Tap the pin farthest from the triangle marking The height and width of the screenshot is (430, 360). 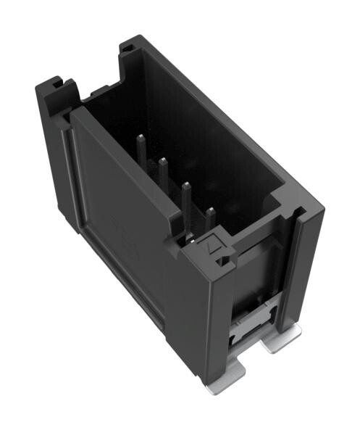[141, 156]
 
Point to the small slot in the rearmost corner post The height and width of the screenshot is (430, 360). [127, 49]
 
